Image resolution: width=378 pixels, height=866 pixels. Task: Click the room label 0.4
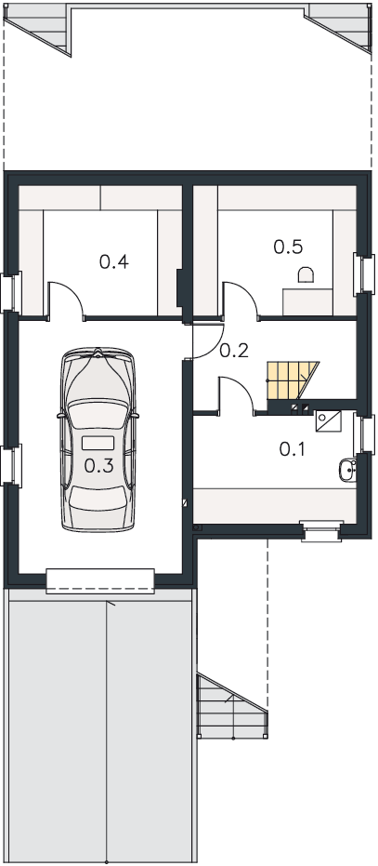point(114,261)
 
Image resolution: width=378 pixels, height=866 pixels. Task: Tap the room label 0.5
point(288,246)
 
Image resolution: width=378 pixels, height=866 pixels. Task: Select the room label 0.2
point(234,351)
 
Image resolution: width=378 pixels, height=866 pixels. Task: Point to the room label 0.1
point(292,449)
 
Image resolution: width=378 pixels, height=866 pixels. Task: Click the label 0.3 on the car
point(99,466)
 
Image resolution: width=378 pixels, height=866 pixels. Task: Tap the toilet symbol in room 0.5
point(306,274)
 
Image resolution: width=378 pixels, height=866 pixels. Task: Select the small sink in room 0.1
point(347,471)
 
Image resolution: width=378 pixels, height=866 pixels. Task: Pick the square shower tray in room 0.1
point(329,420)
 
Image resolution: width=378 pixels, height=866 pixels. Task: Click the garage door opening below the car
point(100,581)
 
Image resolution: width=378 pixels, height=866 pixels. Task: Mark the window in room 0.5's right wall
point(364,273)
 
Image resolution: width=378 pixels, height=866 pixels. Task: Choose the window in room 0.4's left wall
point(11,292)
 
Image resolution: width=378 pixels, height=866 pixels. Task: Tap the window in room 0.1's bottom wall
point(321,531)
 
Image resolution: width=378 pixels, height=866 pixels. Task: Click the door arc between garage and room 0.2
point(208,344)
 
